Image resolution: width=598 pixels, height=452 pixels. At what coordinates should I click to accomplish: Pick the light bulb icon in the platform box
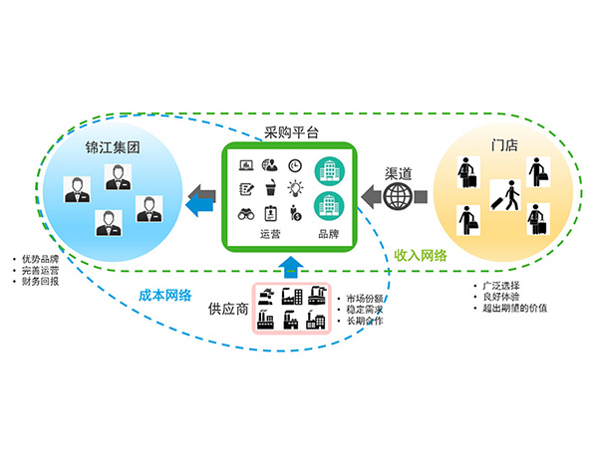[296, 189]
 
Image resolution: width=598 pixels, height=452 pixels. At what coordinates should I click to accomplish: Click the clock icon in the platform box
[296, 166]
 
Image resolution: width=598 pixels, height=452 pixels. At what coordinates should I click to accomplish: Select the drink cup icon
[270, 189]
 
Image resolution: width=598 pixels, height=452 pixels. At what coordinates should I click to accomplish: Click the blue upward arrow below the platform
[289, 266]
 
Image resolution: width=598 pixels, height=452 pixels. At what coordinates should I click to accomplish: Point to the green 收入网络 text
[420, 257]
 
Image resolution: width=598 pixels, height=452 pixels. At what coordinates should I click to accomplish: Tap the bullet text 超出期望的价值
[515, 308]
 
